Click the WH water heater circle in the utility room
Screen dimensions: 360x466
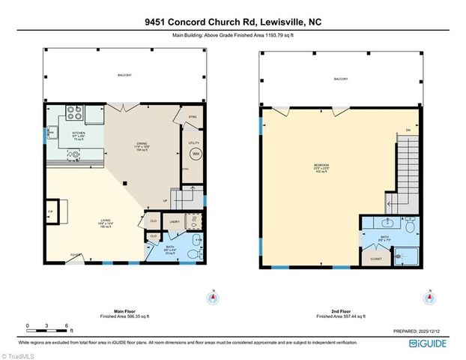click(195, 155)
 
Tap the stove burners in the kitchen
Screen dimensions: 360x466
click(75, 113)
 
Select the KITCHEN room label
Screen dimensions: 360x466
click(78, 133)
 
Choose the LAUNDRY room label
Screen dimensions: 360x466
click(173, 222)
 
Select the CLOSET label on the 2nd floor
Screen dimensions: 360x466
click(375, 259)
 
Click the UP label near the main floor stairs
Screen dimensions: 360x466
click(165, 201)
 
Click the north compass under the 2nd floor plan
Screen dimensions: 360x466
click(429, 298)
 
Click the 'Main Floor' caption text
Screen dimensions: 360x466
click(113, 312)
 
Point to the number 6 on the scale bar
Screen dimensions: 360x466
click(67, 326)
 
